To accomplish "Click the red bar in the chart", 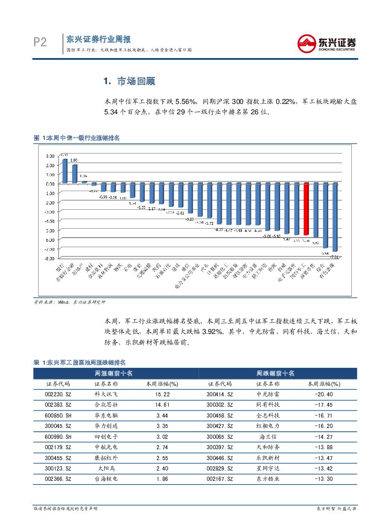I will [306, 209].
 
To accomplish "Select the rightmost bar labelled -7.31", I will [335, 217].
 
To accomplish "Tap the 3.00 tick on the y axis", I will [50, 156].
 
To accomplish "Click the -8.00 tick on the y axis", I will [50, 258].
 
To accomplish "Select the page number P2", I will [40, 43].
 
